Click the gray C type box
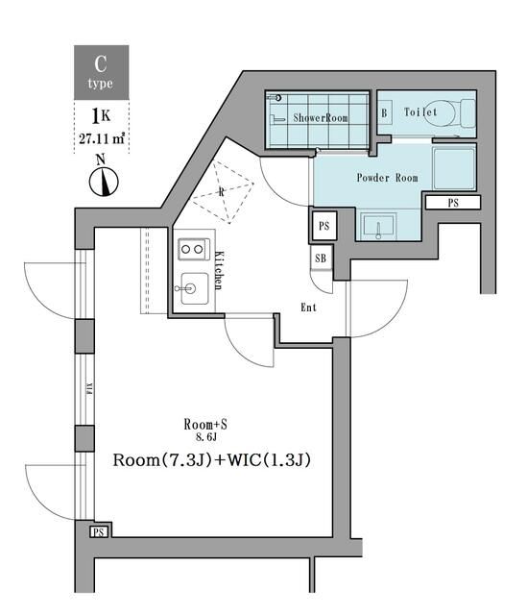click(102, 72)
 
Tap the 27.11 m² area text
click(102, 138)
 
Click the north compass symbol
click(102, 179)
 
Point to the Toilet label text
click(420, 112)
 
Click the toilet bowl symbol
click(450, 113)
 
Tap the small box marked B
click(384, 113)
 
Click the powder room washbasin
click(379, 228)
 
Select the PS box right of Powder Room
click(454, 203)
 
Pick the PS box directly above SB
click(323, 227)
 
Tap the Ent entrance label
click(309, 307)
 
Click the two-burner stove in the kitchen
click(193, 249)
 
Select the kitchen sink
click(193, 285)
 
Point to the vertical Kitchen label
click(219, 270)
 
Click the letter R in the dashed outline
click(223, 191)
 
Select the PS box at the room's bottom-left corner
click(98, 532)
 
